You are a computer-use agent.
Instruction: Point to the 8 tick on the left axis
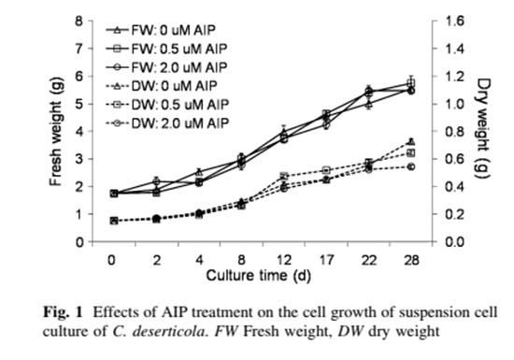[x=79, y=21]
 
